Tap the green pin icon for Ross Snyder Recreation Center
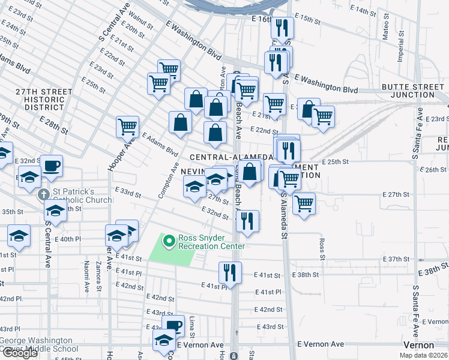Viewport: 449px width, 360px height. tap(169, 241)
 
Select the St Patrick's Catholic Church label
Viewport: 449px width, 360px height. tap(81, 196)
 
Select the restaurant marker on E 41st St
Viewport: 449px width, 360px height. tap(230, 272)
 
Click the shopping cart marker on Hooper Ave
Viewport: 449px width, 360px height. tap(128, 127)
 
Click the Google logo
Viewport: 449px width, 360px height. tap(20, 353)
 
